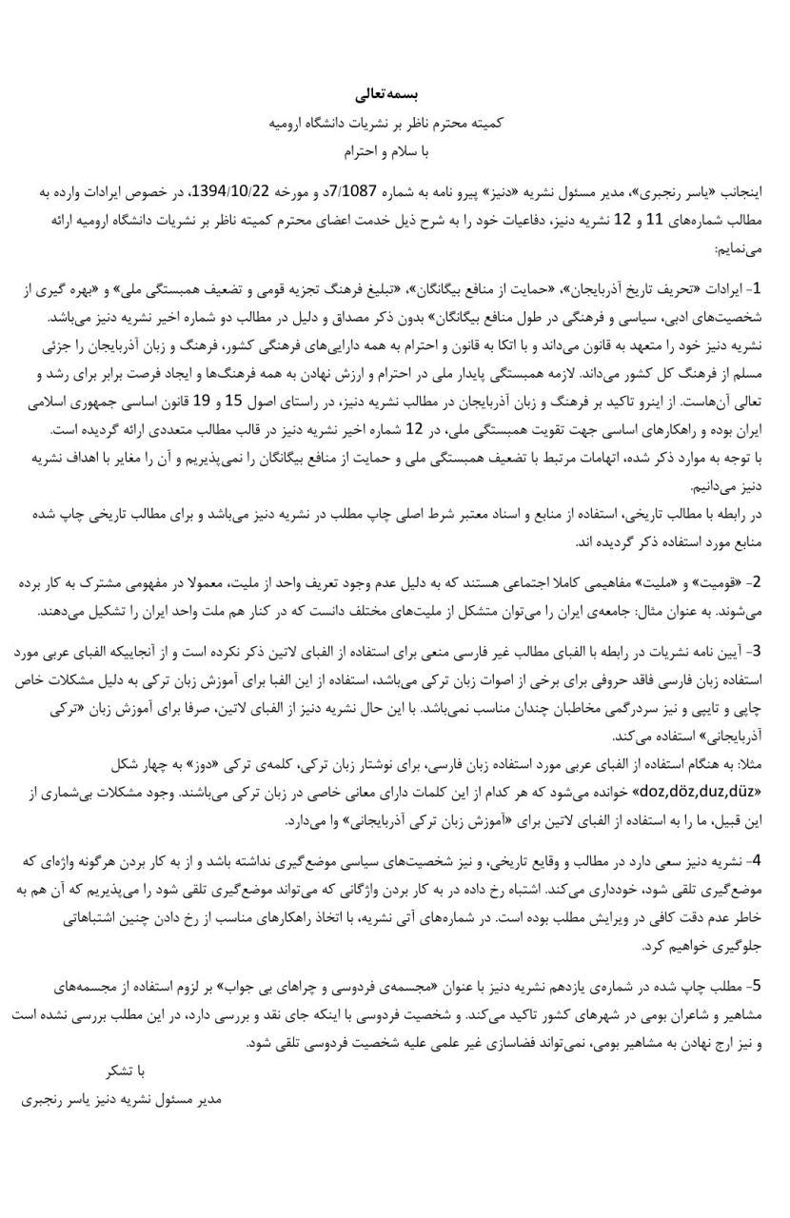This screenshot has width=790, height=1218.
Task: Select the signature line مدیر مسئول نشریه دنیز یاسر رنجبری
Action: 121,1099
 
